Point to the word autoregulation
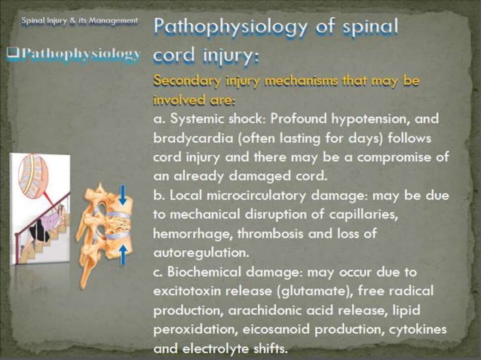pyautogui.click(x=199, y=252)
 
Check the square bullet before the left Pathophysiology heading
pyautogui.click(x=12, y=53)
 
